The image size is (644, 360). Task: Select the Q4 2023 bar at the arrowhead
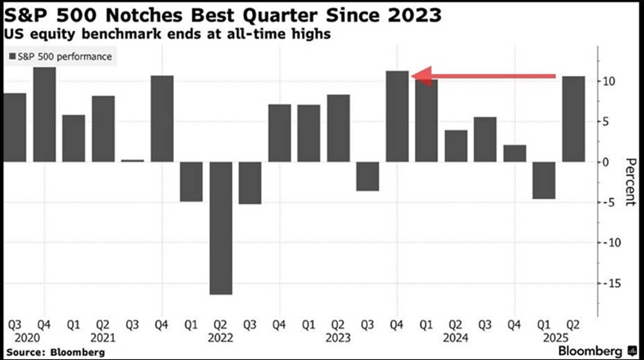point(397,117)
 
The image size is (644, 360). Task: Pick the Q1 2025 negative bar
point(544,180)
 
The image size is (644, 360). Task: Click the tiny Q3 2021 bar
point(133,160)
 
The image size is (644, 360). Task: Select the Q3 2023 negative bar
point(368,176)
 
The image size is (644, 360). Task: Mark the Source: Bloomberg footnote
point(49,351)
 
